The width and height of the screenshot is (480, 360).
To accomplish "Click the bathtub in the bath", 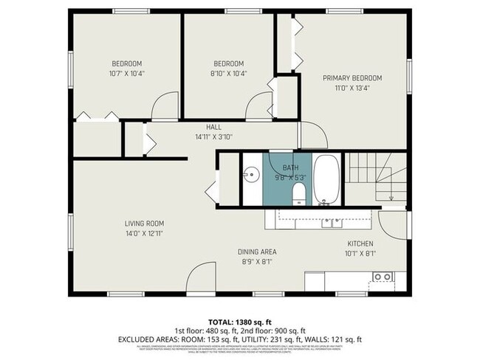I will pyautogui.click(x=326, y=179).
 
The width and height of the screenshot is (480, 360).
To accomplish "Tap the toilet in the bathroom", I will pyautogui.click(x=299, y=194).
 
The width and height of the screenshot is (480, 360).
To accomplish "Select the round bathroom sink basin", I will pyautogui.click(x=252, y=175).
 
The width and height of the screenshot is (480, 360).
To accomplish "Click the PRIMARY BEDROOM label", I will pyautogui.click(x=352, y=78).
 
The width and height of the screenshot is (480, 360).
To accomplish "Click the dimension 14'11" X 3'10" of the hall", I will pyautogui.click(x=213, y=137).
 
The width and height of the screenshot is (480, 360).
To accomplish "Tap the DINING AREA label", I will pyautogui.click(x=257, y=251).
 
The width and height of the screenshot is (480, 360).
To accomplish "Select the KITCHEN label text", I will pyautogui.click(x=360, y=243).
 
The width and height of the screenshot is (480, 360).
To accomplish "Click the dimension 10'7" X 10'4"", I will pyautogui.click(x=126, y=74).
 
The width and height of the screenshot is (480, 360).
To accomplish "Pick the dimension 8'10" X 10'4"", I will pyautogui.click(x=228, y=74).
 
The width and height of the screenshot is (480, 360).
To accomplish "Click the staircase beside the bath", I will pyautogui.click(x=376, y=177).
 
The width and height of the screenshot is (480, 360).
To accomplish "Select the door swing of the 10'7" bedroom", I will pyautogui.click(x=165, y=106).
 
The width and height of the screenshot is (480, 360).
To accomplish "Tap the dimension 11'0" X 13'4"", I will pyautogui.click(x=352, y=88).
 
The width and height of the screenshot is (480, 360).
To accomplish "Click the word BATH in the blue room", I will pyautogui.click(x=280, y=168).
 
